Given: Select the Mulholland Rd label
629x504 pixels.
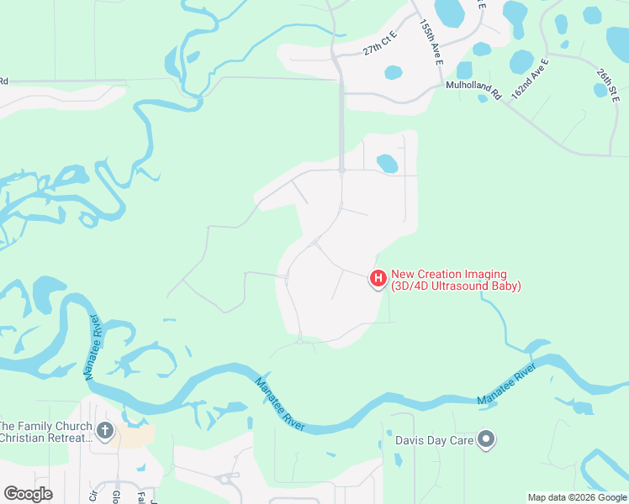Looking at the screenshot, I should [x=473, y=90].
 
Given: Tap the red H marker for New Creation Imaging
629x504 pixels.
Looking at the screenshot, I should [x=378, y=278].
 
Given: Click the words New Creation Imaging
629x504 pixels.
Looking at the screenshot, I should [x=449, y=275].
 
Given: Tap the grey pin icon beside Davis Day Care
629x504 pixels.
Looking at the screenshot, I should [x=485, y=438].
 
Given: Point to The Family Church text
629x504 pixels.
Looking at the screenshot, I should [x=46, y=426].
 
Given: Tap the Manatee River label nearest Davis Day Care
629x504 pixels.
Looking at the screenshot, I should [x=507, y=386].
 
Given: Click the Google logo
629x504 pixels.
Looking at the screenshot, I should [x=28, y=493].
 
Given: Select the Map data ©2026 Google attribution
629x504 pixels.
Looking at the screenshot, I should [x=577, y=497].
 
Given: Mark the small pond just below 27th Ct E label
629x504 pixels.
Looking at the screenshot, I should [x=393, y=71].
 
